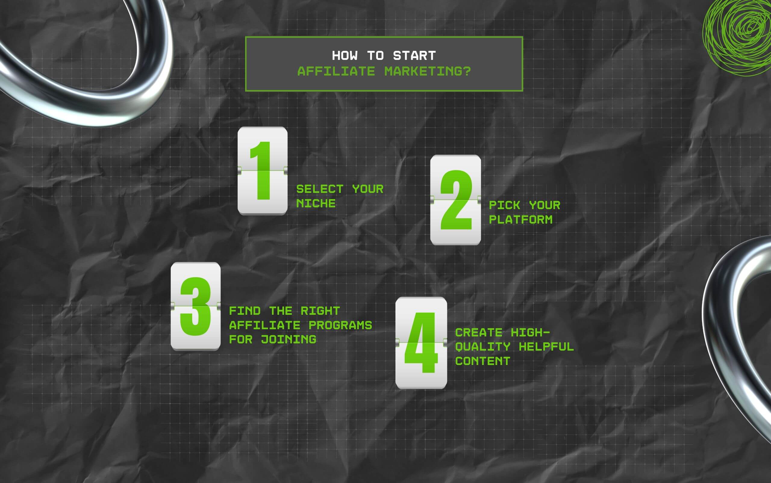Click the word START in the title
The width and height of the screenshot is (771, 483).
pos(414,56)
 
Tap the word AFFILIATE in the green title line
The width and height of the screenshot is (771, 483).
pos(336,71)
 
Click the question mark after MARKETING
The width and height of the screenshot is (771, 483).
pos(467,71)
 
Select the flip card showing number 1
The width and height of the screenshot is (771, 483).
pos(262,171)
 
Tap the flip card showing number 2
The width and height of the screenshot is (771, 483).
pos(455,200)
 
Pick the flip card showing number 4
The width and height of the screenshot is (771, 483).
pos(421,342)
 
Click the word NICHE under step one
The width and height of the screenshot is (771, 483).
pos(316,203)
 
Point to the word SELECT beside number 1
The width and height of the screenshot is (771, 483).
pos(320,189)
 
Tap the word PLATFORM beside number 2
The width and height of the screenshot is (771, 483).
pos(521,220)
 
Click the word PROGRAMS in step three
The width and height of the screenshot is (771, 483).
pos(340,325)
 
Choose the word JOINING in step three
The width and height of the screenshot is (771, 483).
pos(288,339)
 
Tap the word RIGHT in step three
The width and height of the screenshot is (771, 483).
pos(320,311)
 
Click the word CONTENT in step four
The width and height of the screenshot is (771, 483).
pos(482,361)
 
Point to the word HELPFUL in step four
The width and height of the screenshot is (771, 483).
pos(546,347)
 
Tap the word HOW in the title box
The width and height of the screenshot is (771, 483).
pos(345,56)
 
